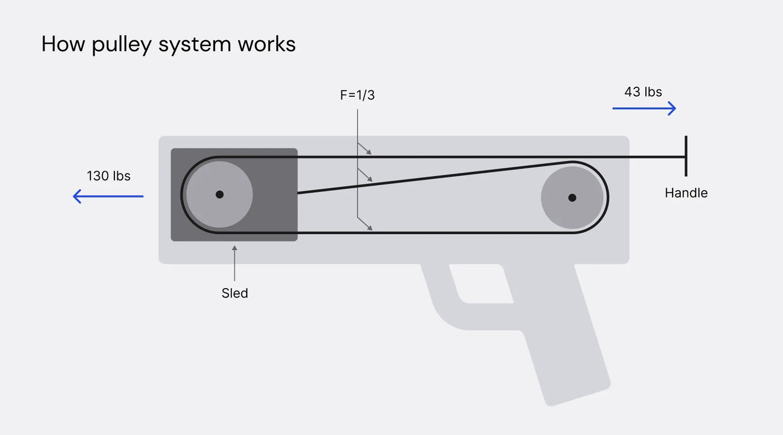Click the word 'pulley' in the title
pyautogui.click(x=122, y=45)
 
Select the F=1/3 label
pyautogui.click(x=357, y=95)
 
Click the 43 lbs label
pyautogui.click(x=643, y=92)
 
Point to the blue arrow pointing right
pyautogui.click(x=644, y=108)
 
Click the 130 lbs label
pyautogui.click(x=109, y=176)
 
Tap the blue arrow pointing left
pyautogui.click(x=108, y=196)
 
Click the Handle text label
pyautogui.click(x=686, y=193)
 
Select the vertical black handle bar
pyautogui.click(x=686, y=156)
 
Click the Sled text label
pyautogui.click(x=234, y=293)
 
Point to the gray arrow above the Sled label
pyautogui.click(x=234, y=263)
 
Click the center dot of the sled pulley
pyautogui.click(x=220, y=194)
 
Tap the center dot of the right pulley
pyautogui.click(x=572, y=198)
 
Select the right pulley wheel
pyautogui.click(x=572, y=198)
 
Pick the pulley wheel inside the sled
pyautogui.click(x=220, y=194)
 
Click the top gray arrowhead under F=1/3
pyautogui.click(x=369, y=152)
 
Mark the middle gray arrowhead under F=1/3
pyautogui.click(x=370, y=179)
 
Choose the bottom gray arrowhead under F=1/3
pyautogui.click(x=370, y=227)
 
